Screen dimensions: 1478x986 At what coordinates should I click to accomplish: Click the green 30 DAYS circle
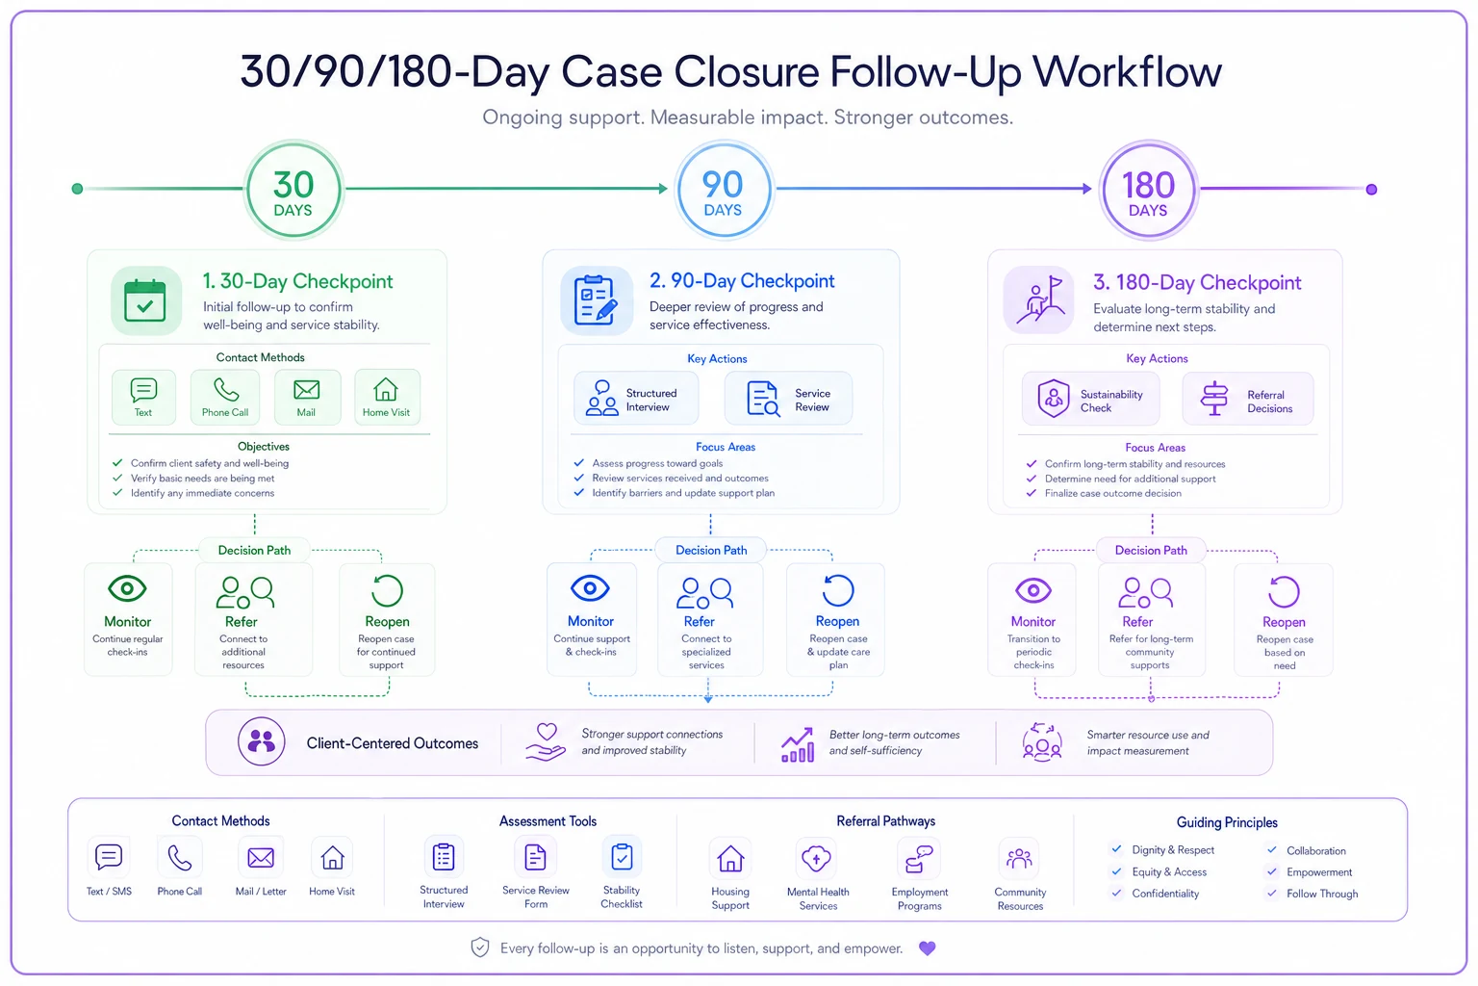pos(293,190)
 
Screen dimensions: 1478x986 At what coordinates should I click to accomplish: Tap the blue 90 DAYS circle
pos(724,190)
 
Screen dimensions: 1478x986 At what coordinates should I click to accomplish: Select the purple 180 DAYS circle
pos(1148,190)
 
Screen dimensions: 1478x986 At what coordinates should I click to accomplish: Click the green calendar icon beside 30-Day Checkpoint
pos(145,300)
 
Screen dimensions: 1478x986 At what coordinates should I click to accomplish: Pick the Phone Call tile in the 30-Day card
pos(225,397)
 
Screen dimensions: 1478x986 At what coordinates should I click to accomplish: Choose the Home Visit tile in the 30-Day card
pos(387,397)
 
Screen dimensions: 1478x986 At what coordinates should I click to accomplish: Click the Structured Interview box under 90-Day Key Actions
pos(636,399)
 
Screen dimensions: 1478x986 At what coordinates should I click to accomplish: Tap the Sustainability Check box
pos(1090,399)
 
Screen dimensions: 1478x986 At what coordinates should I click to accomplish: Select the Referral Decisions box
pos(1248,399)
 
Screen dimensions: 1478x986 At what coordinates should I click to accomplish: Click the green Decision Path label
pos(254,550)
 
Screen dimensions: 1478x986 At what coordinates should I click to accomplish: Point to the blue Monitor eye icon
pos(590,587)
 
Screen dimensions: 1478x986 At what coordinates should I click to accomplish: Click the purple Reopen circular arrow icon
pos(1284,591)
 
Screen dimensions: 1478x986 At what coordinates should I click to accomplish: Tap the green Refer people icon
pos(244,592)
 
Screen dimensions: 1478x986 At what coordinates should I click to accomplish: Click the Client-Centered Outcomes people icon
pos(262,741)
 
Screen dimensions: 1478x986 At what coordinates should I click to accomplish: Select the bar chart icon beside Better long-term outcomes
pos(797,745)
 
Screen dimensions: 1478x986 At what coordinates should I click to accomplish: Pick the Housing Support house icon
pos(729,859)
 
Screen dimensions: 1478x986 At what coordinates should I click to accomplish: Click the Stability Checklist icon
pos(622,857)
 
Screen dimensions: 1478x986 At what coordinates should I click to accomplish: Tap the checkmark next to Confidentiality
pos(1116,893)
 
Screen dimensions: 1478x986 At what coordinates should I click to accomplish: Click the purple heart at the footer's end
pos(927,948)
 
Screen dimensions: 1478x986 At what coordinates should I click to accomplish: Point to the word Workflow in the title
pos(1127,71)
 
